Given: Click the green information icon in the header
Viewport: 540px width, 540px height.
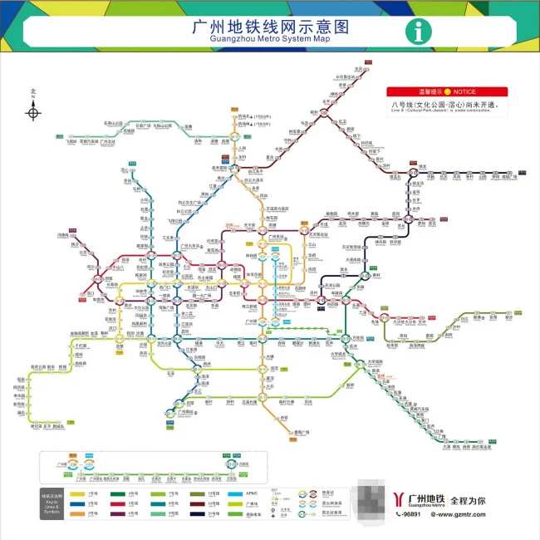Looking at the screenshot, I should pyautogui.click(x=418, y=32).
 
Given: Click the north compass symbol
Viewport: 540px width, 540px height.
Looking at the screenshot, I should pyautogui.click(x=33, y=109).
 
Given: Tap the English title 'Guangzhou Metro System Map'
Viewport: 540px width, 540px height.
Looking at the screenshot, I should pyautogui.click(x=270, y=39).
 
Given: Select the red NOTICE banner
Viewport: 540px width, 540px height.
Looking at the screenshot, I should pyautogui.click(x=446, y=91).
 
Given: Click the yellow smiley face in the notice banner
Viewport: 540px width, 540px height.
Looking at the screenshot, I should pyautogui.click(x=446, y=91).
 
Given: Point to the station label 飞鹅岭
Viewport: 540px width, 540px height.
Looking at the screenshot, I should pyautogui.click(x=71, y=141).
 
